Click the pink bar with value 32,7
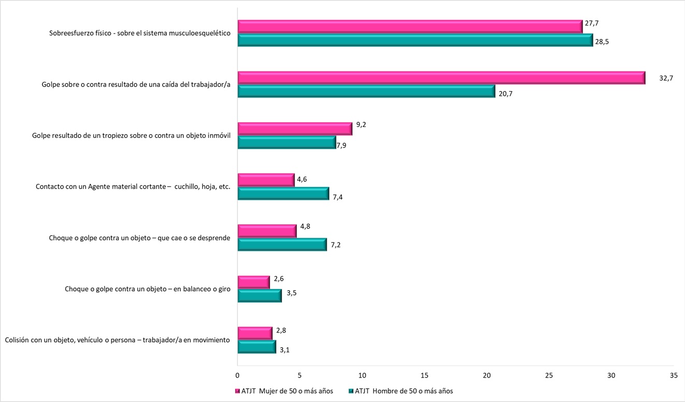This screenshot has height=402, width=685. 441,78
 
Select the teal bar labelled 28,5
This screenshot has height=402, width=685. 415,40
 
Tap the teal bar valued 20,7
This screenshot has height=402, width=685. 366,92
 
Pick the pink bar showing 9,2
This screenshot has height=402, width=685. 295,128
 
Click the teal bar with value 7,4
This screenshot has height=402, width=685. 283,194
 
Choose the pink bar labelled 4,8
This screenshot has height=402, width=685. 267,231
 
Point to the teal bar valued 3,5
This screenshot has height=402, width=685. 259,295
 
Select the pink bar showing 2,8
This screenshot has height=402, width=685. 255,333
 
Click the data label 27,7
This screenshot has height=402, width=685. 591,23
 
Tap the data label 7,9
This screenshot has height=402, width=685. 341,145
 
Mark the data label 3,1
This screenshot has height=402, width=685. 285,350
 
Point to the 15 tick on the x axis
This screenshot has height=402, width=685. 425,375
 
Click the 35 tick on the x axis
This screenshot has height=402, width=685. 674,375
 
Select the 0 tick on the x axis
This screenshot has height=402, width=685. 238,375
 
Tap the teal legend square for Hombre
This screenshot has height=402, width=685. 351,391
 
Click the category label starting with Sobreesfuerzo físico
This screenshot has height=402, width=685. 140,33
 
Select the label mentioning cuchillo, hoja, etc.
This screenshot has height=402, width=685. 133,186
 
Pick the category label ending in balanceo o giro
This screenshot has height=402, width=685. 148,289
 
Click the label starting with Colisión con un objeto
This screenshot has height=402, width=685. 117,340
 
